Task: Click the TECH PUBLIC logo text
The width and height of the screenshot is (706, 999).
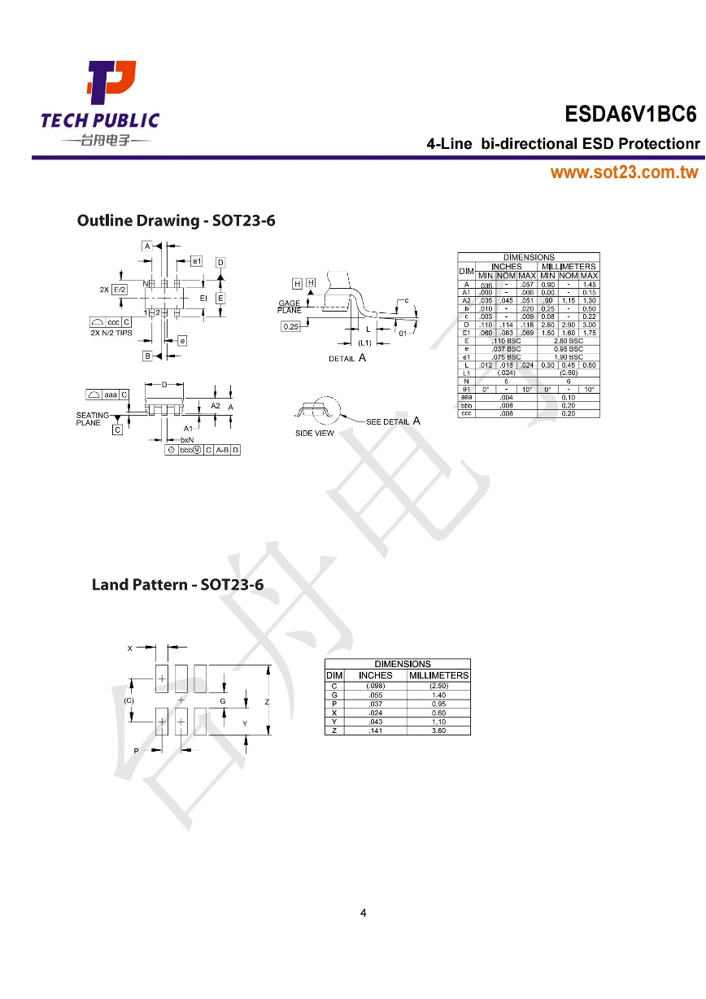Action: [100, 121]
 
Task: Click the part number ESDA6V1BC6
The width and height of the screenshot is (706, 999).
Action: [630, 116]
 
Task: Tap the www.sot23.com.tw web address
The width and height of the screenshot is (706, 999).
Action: [624, 172]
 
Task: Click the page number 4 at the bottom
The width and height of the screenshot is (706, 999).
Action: [363, 913]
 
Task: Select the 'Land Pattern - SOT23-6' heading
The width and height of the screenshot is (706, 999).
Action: [177, 584]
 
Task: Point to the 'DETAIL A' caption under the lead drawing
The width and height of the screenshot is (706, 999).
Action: [346, 358]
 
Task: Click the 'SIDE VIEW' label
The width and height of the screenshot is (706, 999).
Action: [314, 433]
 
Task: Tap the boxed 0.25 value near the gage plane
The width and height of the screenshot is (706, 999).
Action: [290, 326]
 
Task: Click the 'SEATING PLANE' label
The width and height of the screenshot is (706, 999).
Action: [93, 419]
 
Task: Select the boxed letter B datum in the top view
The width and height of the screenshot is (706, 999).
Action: [147, 356]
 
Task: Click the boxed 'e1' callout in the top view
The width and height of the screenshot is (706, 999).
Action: [196, 261]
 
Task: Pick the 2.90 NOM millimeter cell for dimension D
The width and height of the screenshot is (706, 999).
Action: [569, 325]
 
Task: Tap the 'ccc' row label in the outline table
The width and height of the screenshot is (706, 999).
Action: [466, 412]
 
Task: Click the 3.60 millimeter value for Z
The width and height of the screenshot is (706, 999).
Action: [438, 730]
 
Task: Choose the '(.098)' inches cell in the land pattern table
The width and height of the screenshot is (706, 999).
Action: [375, 685]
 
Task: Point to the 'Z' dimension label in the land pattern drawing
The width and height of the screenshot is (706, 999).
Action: [266, 700]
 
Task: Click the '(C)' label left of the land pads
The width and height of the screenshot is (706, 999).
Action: [129, 700]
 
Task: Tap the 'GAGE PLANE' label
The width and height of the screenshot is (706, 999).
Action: [289, 307]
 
